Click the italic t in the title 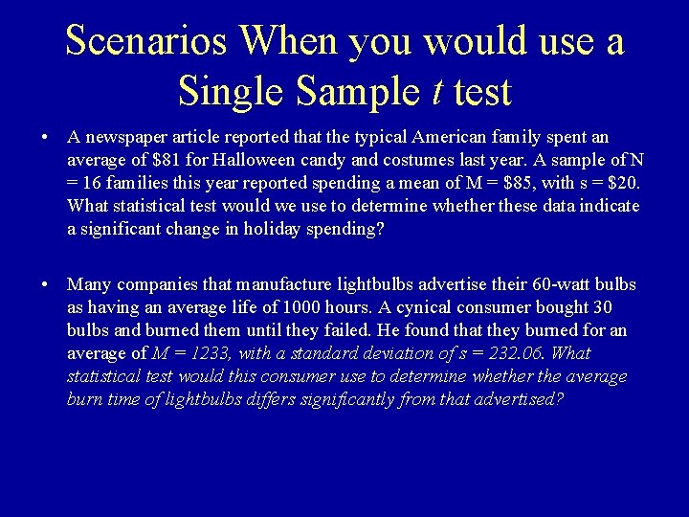pyautogui.click(x=436, y=91)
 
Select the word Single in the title pyautogui.click(x=231, y=91)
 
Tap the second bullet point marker pyautogui.click(x=46, y=285)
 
